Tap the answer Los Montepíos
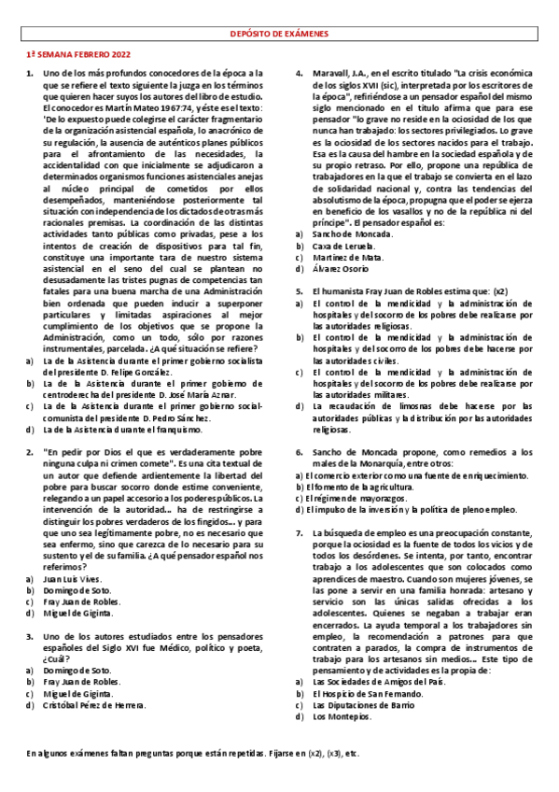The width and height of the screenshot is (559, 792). (342, 718)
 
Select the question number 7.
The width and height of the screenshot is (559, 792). (300, 532)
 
